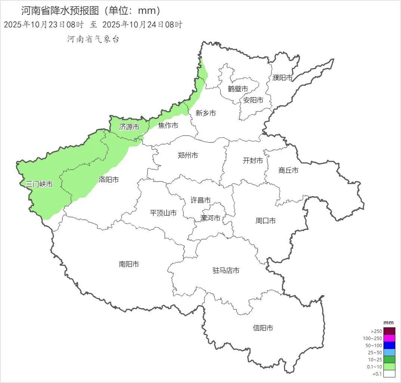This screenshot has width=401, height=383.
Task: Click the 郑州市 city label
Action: [x=188, y=155]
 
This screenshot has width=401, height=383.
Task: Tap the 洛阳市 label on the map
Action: [x=109, y=180]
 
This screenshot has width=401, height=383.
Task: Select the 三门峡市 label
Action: [x=39, y=184]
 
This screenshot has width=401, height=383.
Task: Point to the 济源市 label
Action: [x=129, y=127]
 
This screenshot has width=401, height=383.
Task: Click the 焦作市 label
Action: [x=168, y=126]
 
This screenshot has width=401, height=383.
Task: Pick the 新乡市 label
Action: [x=206, y=113]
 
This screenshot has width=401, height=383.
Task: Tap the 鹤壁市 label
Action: [x=238, y=89]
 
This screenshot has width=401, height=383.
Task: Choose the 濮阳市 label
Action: [x=283, y=78]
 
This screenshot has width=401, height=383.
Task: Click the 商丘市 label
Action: [x=289, y=170]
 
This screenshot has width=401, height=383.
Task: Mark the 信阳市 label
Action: [x=263, y=328]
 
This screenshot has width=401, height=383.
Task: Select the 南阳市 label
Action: [x=129, y=264]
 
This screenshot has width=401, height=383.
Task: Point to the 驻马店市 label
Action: [x=226, y=271]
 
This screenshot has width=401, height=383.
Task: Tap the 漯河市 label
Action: [x=210, y=218]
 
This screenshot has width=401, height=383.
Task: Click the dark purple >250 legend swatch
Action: [x=389, y=331]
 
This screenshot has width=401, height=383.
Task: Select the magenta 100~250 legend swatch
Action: [x=389, y=338]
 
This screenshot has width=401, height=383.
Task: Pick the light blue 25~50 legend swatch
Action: [x=389, y=352]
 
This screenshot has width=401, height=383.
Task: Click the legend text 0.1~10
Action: [x=376, y=367]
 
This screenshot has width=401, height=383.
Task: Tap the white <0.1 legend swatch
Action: [x=389, y=374]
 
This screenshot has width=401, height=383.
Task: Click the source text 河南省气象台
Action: [x=93, y=39]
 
